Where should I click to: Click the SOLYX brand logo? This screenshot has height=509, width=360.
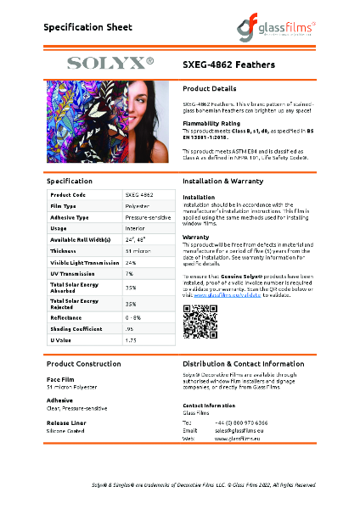click(110, 63)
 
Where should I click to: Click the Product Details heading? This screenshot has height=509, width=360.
click(209, 88)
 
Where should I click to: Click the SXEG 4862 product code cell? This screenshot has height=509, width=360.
click(139, 194)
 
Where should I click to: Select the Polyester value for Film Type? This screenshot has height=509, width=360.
click(138, 206)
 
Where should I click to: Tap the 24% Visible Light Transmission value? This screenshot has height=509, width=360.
click(131, 262)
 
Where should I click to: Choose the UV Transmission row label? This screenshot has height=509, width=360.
click(73, 274)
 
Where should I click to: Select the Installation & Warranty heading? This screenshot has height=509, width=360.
click(228, 182)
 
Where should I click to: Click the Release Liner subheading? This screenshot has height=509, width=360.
click(65, 422)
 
